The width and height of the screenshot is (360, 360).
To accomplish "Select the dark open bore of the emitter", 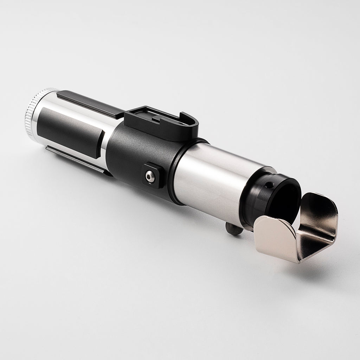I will (287, 197).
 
